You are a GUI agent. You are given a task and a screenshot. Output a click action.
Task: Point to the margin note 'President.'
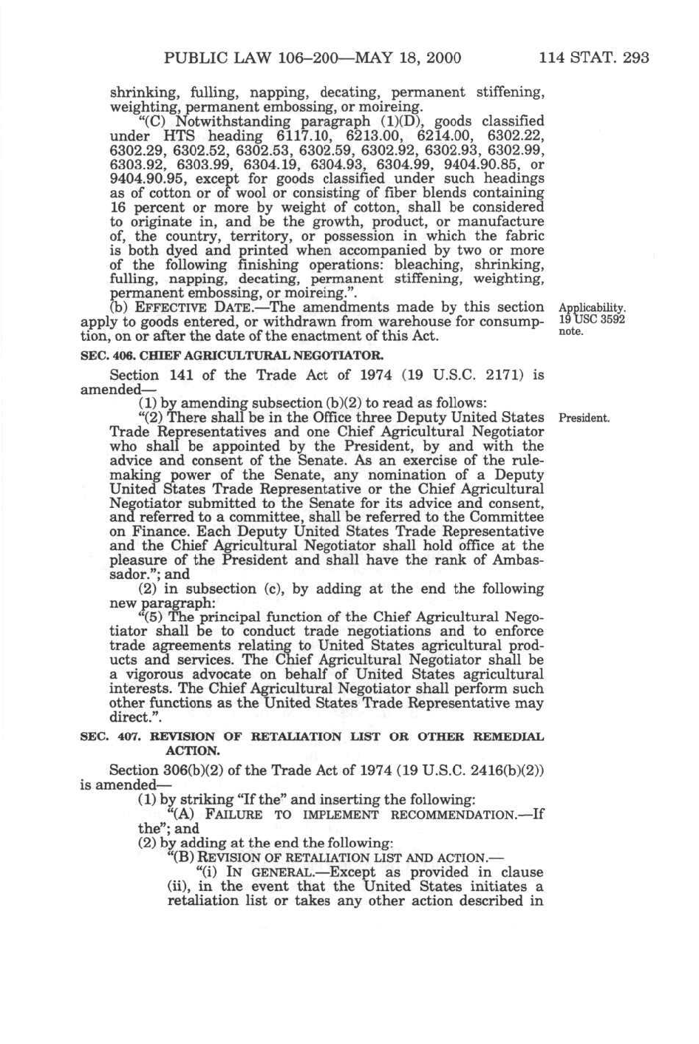point(584,418)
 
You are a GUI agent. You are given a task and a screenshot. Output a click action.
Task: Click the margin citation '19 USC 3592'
point(593,319)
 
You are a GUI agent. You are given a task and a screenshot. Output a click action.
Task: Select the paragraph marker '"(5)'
point(151,617)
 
